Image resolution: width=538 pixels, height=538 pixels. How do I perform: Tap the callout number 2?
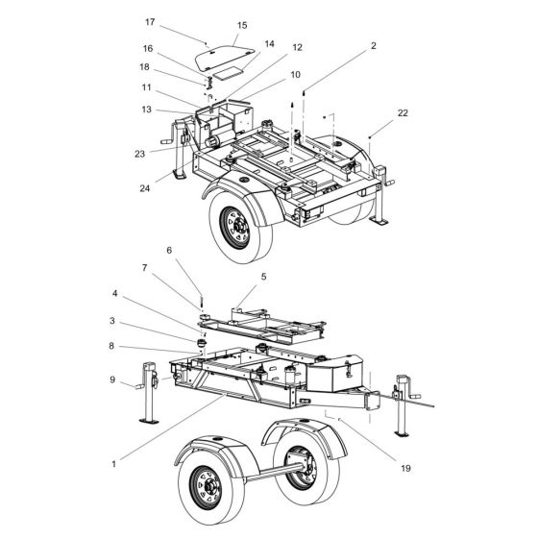pyautogui.click(x=373, y=45)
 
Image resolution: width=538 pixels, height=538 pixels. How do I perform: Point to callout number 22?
pyautogui.click(x=402, y=113)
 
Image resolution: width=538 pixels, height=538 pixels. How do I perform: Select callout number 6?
pyautogui.click(x=169, y=250)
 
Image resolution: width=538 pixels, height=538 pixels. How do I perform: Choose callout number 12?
pyautogui.click(x=270, y=47)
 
